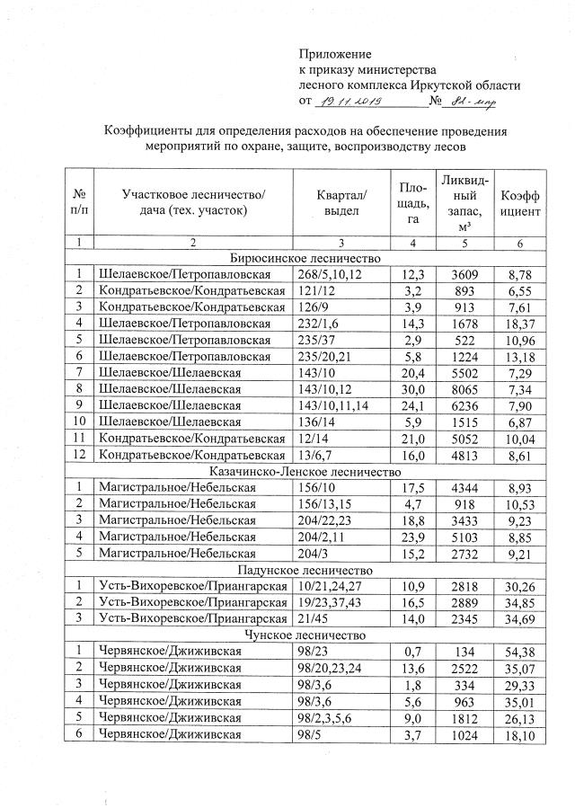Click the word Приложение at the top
[334, 55]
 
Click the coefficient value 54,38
[522, 652]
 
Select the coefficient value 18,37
[522, 324]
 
